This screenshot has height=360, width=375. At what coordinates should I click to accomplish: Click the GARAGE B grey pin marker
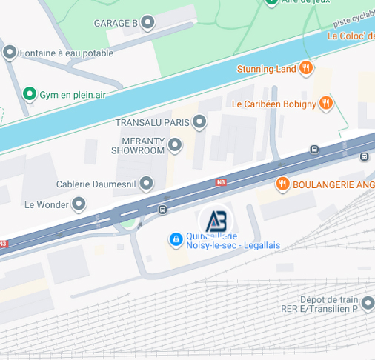click(x=147, y=23)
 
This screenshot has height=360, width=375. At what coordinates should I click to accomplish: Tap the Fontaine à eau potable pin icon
click(x=10, y=53)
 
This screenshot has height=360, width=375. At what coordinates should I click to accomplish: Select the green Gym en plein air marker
click(x=29, y=93)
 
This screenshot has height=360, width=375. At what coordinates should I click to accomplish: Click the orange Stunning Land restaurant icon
click(x=306, y=69)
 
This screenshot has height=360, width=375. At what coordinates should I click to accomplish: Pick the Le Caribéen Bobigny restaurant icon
click(x=325, y=104)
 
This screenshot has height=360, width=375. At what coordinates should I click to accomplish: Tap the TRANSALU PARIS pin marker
click(x=199, y=121)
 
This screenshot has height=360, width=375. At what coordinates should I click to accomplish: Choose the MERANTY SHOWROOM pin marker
click(x=175, y=145)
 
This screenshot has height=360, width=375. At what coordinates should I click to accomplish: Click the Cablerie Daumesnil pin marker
click(x=147, y=183)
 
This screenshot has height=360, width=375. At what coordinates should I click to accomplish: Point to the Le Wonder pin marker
click(x=79, y=204)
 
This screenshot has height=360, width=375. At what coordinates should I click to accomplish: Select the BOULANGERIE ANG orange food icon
click(x=282, y=184)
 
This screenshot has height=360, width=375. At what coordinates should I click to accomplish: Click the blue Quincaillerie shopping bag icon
click(x=176, y=239)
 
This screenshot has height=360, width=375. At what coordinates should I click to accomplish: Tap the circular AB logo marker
click(x=216, y=221)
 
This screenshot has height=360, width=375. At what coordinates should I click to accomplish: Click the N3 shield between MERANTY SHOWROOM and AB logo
click(x=220, y=181)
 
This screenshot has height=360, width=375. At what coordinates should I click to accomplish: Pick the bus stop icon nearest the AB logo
click(x=162, y=210)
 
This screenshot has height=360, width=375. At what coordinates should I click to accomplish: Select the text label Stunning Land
click(x=266, y=69)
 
